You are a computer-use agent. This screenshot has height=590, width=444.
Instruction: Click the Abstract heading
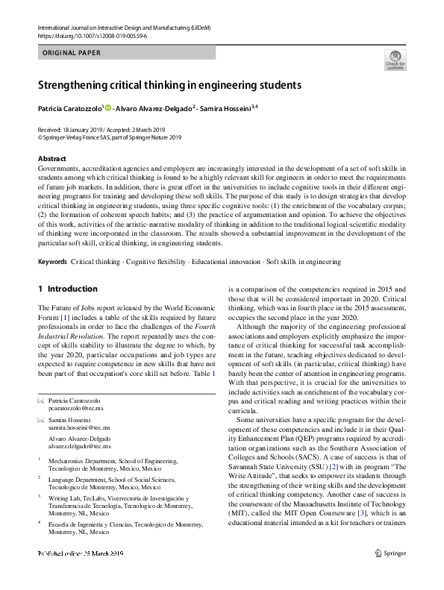click(x=51, y=159)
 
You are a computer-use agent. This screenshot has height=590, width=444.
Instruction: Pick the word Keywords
click(x=51, y=263)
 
